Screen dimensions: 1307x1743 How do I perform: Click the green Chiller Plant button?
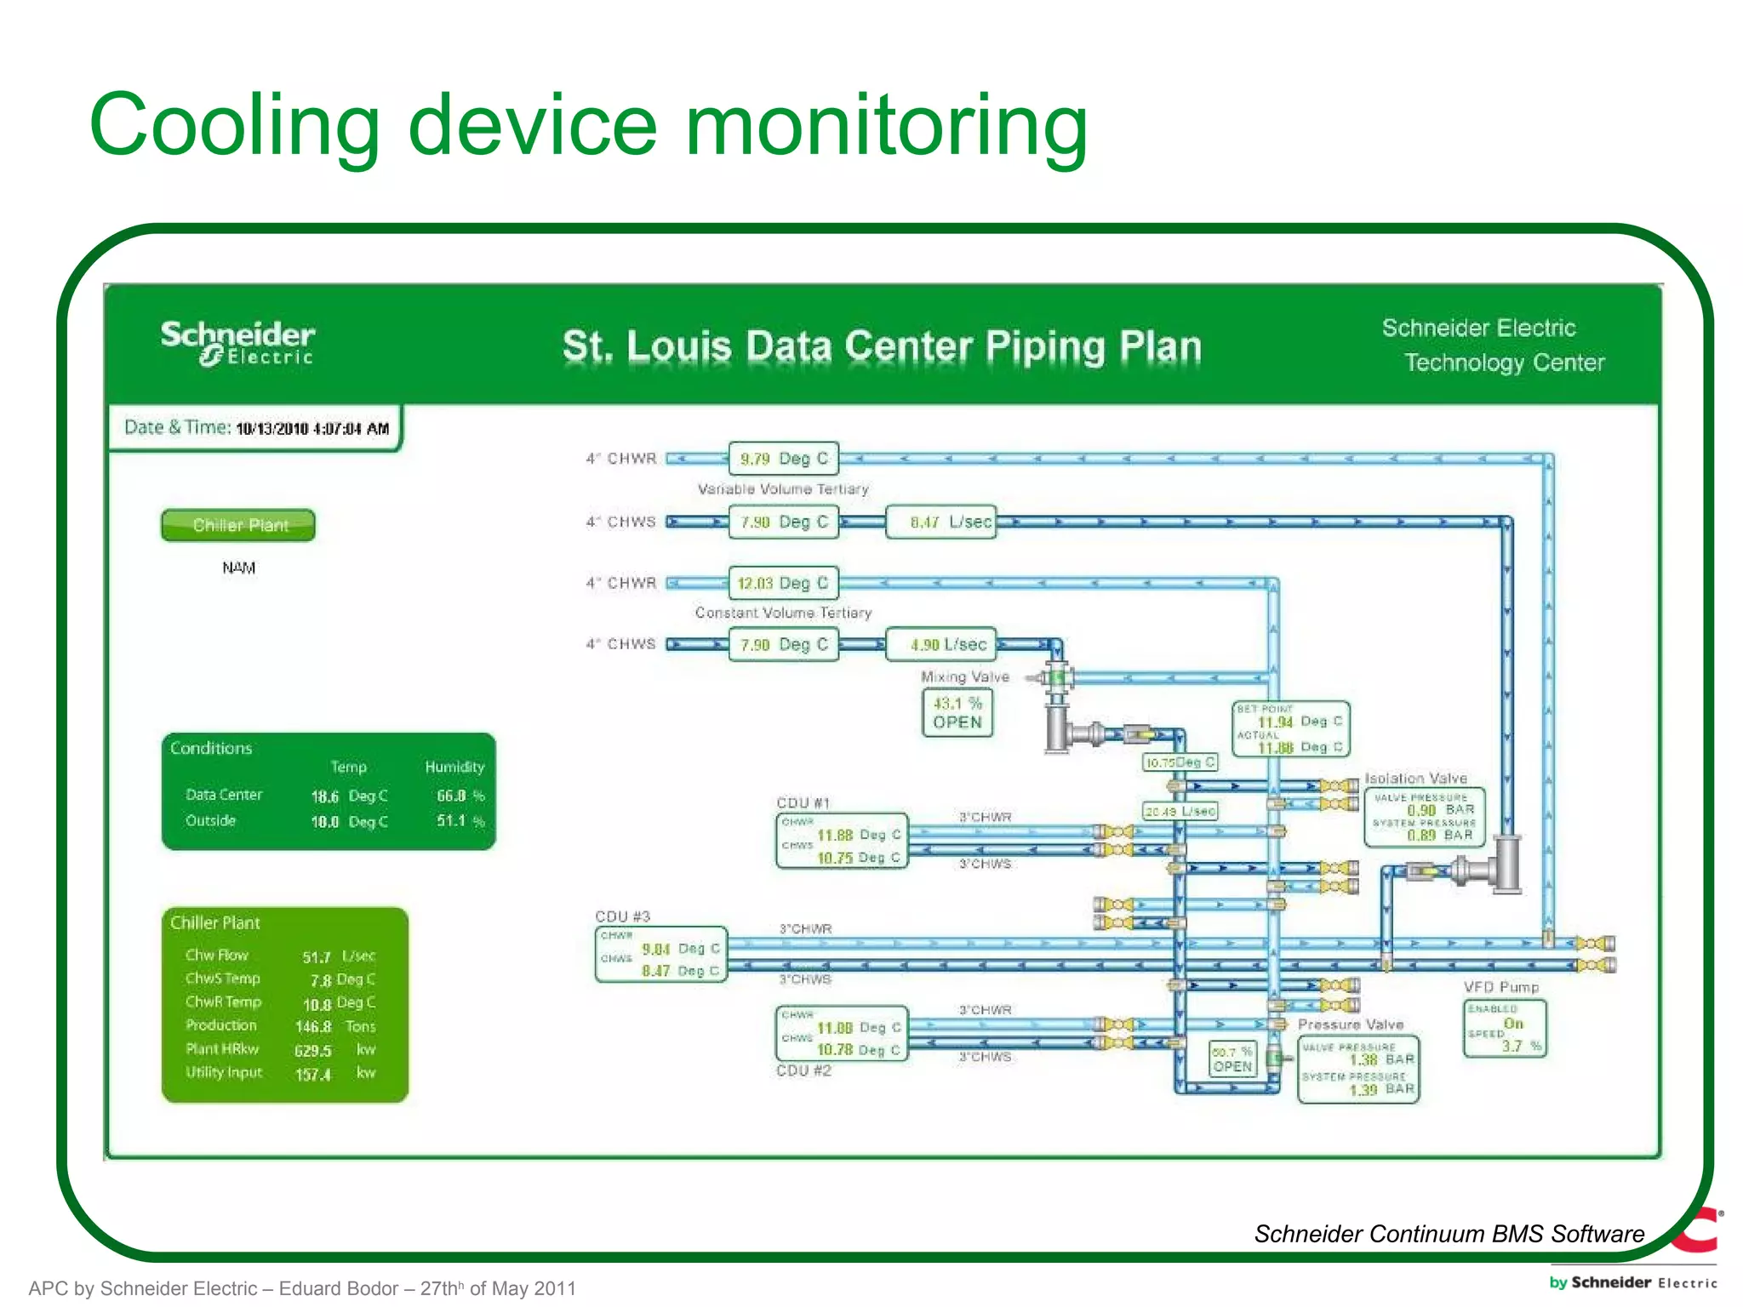tap(238, 525)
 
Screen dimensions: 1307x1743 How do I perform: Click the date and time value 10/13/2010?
tap(311, 428)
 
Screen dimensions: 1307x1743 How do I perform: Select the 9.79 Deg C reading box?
tap(783, 459)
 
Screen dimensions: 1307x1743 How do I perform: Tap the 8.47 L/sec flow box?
tap(940, 522)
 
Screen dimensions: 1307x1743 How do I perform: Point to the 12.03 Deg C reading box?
tap(783, 583)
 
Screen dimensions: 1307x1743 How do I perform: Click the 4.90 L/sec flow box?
tap(940, 644)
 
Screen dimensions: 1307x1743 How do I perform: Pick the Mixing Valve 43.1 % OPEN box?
tap(957, 712)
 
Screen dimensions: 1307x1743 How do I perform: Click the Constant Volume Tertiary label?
tap(783, 613)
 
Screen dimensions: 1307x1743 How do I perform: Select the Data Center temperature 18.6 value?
tap(325, 796)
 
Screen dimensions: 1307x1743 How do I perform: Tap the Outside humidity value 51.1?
tap(451, 821)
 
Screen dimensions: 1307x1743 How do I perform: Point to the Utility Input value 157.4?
tap(313, 1075)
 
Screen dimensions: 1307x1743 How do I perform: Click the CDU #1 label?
tap(803, 802)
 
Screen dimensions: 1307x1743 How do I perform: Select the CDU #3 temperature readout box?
tap(661, 955)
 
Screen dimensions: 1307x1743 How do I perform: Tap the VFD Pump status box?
tap(1504, 1029)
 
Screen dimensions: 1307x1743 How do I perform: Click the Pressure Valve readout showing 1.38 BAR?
tap(1358, 1070)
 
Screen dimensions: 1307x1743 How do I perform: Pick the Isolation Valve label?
tap(1416, 778)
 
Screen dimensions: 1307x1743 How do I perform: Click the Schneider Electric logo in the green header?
tap(238, 343)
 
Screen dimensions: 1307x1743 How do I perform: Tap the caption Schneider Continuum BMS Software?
tap(1449, 1234)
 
